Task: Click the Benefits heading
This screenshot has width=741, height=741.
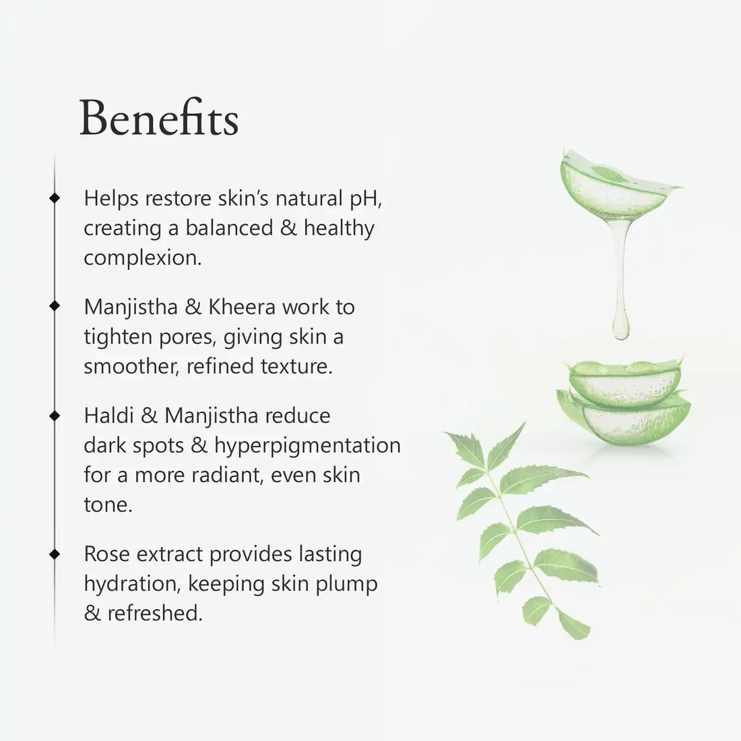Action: [x=159, y=117]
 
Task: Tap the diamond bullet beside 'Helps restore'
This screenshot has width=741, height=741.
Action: [x=55, y=197]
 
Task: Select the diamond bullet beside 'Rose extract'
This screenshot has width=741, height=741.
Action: [x=55, y=553]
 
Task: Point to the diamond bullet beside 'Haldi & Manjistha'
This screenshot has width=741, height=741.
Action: [x=55, y=416]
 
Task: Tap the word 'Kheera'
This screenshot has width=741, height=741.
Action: [x=242, y=307]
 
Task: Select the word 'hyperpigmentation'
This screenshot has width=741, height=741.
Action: [x=308, y=446]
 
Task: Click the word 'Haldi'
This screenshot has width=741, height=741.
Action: [x=108, y=416]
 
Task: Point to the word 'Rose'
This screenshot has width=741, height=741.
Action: [x=107, y=554]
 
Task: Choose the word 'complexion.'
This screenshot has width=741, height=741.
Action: [x=143, y=259]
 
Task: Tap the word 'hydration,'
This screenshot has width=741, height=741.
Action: [x=133, y=584]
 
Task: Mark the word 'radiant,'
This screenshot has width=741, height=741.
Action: [x=227, y=475]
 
